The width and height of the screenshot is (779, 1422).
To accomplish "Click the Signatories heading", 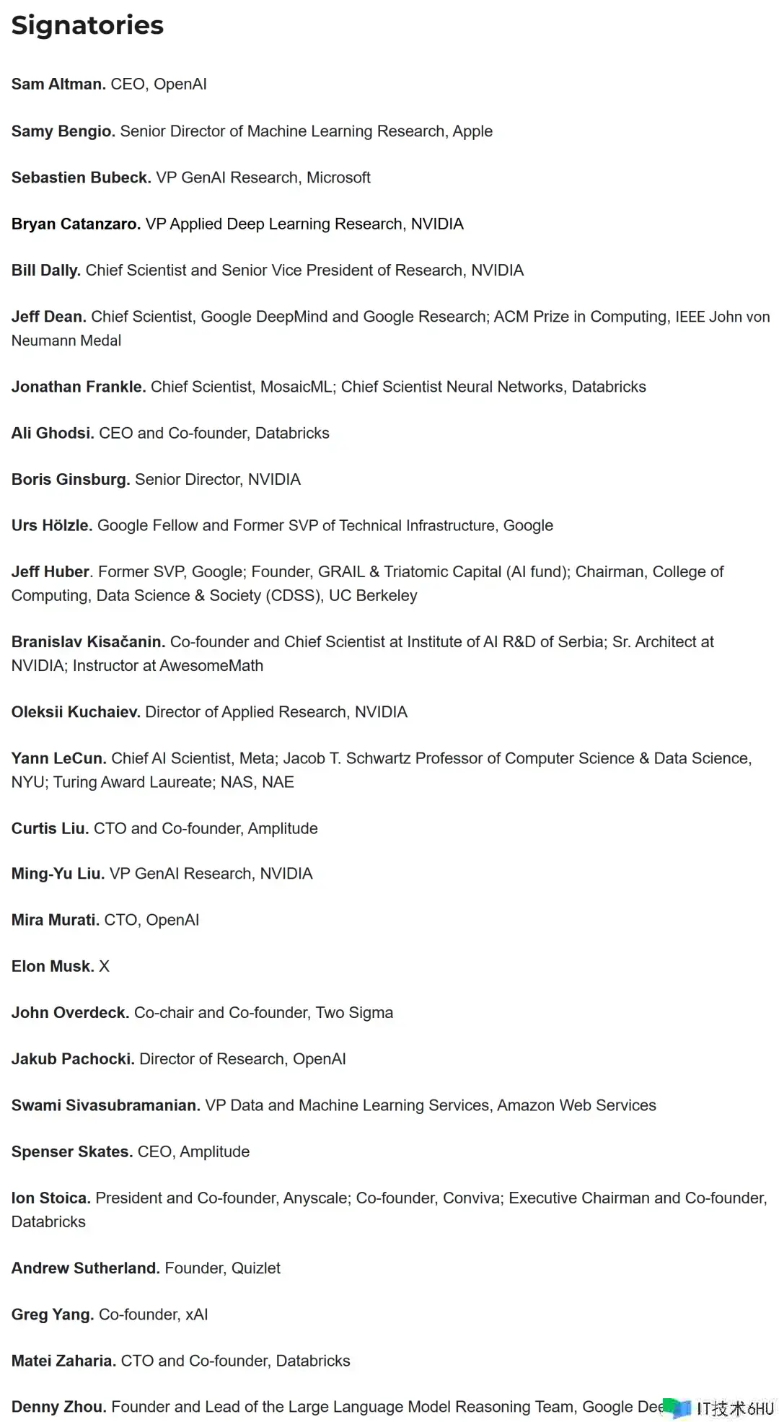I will coord(87,26).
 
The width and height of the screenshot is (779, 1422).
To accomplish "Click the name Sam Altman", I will coord(58,84).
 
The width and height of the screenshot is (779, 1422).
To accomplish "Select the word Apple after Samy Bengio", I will coord(472,131).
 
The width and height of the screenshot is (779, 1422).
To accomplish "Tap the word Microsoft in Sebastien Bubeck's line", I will coord(338,177).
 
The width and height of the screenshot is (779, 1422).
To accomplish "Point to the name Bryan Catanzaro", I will coord(76,224).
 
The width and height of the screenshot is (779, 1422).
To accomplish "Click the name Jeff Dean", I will coord(48,317).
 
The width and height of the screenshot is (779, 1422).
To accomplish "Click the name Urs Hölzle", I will coord(51,525).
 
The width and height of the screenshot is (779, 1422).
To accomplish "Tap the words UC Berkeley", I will coord(373,596).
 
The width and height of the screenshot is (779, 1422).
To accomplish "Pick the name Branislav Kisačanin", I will coord(88,642).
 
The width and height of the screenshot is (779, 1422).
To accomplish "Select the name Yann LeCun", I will coord(58,758).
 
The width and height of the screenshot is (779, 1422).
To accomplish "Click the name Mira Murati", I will coord(55,920).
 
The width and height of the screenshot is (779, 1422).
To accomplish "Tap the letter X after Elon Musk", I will coord(104,967).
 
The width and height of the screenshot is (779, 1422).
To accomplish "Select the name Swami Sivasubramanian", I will coord(105,1105).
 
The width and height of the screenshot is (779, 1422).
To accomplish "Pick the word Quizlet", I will coord(255,1268).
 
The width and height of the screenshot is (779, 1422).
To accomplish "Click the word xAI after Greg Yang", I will coord(196,1315).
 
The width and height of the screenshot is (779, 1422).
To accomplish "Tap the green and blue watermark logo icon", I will coord(677,1408).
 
